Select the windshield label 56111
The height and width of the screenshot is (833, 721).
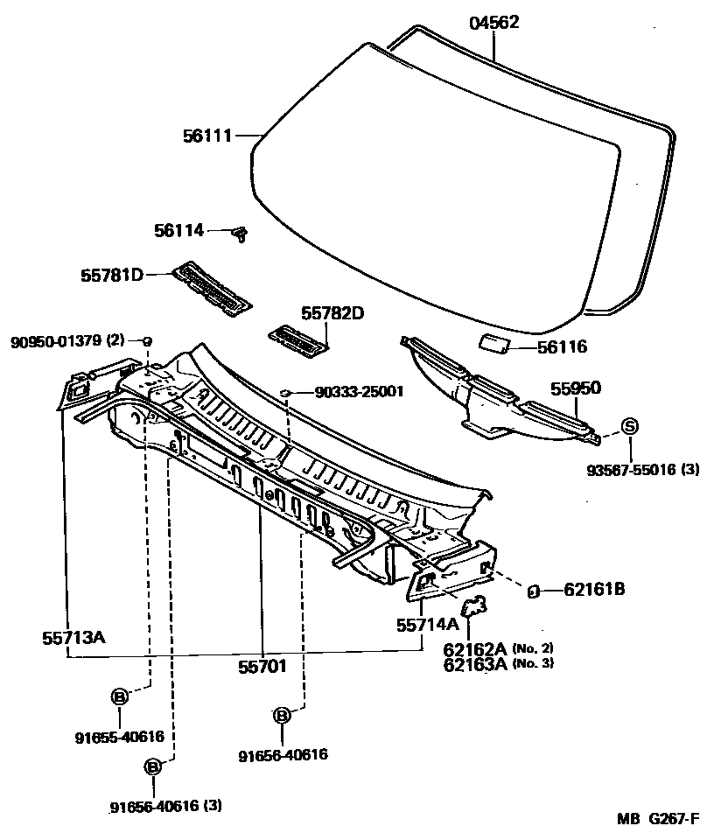(x=206, y=136)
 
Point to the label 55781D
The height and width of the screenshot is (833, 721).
(x=112, y=276)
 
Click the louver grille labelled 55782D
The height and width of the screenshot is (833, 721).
(x=297, y=339)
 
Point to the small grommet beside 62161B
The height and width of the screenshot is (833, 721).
(x=532, y=591)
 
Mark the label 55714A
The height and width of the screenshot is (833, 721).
(x=427, y=624)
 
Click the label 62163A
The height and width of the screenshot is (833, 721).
(x=475, y=663)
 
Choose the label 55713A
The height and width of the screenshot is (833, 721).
(x=73, y=637)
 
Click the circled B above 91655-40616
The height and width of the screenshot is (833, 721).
(x=120, y=696)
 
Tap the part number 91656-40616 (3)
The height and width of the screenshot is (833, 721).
(x=166, y=806)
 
